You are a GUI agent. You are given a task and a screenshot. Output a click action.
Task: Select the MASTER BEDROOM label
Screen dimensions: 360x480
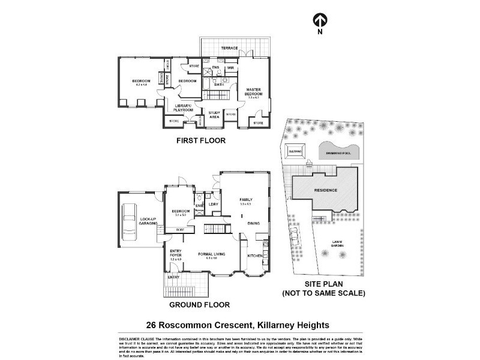click(253, 92)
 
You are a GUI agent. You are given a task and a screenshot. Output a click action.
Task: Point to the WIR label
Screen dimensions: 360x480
click(230, 68)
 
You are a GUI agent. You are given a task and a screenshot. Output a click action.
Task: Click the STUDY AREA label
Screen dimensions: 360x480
click(214, 115)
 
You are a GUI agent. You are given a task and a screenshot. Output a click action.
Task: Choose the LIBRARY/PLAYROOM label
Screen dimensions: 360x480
click(183, 109)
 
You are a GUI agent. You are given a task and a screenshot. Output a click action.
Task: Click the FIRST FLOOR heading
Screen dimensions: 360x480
click(200, 141)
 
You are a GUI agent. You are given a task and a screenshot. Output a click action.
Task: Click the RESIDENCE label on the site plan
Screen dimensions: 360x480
click(326, 190)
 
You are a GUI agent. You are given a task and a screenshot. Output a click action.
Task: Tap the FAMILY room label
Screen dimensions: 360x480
click(246, 200)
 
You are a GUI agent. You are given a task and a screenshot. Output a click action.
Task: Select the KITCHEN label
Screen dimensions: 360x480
click(255, 256)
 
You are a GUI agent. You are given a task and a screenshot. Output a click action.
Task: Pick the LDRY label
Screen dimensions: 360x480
click(212, 205)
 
